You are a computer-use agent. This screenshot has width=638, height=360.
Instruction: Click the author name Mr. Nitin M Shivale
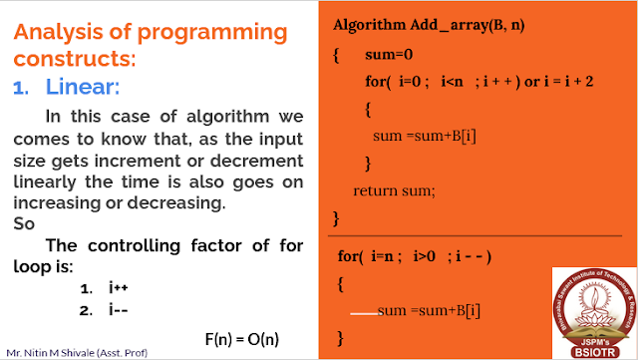[x=55, y=352]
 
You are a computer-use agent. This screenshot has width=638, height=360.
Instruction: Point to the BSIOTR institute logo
[x=590, y=311]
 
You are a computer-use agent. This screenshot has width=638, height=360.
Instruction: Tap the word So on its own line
[x=25, y=223]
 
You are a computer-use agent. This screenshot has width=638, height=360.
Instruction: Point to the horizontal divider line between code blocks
[x=474, y=234]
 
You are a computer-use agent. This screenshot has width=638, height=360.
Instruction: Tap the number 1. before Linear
[x=22, y=89]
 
